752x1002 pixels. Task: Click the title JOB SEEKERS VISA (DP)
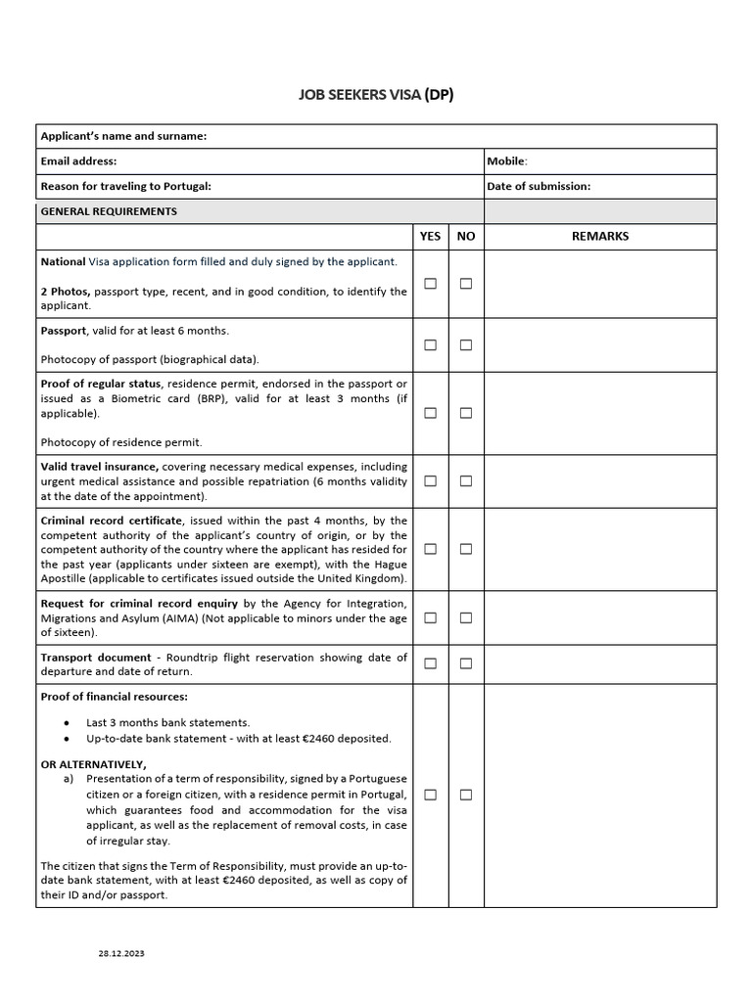[376, 94]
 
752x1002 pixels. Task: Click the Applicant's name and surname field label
[123, 136]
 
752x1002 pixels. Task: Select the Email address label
[78, 160]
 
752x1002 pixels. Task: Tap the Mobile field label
[507, 160]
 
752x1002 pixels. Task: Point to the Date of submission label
[539, 186]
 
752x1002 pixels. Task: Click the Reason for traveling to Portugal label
[125, 186]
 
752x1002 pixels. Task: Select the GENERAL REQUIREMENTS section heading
[109, 211]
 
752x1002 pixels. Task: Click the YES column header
[430, 236]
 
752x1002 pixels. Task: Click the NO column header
[466, 236]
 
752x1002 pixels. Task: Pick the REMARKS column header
[600, 236]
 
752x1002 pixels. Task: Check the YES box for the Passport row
[430, 344]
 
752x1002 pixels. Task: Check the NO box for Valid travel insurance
[466, 480]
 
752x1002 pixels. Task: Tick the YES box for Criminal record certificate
[430, 549]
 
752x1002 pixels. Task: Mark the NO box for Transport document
[466, 663]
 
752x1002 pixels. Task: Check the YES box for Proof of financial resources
[430, 795]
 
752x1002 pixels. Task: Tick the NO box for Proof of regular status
[466, 413]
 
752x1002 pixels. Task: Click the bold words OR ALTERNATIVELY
[93, 763]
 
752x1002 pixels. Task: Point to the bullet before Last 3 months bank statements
[66, 723]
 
